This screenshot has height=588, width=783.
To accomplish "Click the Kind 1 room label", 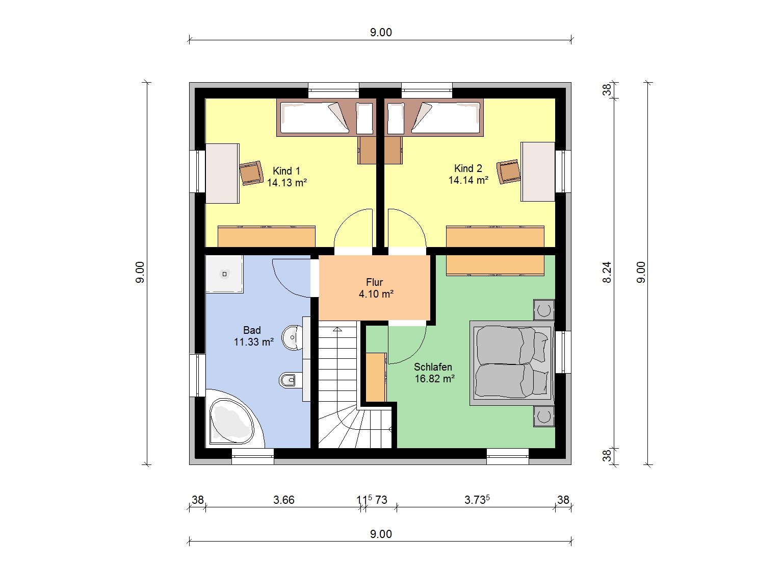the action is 286,170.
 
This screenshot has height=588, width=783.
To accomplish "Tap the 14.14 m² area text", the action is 468,180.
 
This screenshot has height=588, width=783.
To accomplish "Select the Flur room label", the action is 374,282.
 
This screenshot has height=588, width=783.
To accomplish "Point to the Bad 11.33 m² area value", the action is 254,342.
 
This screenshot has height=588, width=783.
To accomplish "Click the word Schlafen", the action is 433,366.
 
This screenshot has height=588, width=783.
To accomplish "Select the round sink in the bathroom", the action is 293,337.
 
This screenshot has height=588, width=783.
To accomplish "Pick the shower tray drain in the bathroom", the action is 224,274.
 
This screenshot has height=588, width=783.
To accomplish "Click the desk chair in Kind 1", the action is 251,173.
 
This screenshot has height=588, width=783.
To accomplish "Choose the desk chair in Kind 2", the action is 508,171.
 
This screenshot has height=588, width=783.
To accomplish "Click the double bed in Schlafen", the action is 512,363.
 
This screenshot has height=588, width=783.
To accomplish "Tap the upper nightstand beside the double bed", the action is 544,310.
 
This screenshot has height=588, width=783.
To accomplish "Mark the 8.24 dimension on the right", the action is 607,273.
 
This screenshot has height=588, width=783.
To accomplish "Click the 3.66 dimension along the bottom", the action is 284,500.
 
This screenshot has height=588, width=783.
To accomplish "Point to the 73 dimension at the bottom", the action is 381,500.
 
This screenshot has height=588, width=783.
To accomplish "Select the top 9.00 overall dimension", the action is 381,33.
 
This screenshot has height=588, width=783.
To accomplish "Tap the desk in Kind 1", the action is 222,174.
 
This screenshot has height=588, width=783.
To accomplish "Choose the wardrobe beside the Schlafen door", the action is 376,377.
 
